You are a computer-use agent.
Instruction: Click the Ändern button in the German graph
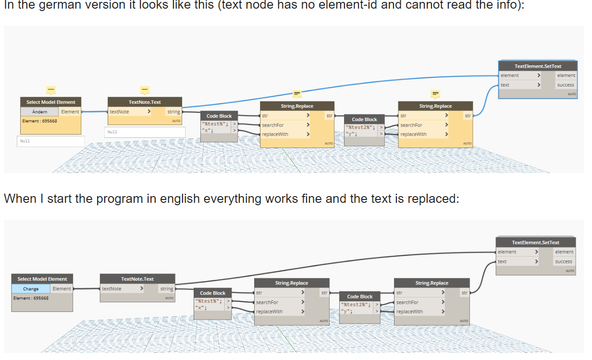click(x=40, y=112)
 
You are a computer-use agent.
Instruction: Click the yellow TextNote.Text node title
click(x=145, y=102)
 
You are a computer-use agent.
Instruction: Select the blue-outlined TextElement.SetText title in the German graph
click(x=538, y=66)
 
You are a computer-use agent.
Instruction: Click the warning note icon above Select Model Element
click(x=51, y=89)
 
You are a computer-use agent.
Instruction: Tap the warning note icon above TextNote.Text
click(x=145, y=89)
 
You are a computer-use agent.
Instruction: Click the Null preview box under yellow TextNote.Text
click(x=145, y=132)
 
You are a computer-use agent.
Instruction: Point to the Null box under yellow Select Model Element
click(x=51, y=141)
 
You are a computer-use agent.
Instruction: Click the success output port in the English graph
click(x=563, y=261)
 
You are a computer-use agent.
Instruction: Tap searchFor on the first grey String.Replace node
click(x=267, y=302)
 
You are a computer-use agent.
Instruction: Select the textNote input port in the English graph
click(x=111, y=289)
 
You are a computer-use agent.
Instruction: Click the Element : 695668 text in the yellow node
click(x=39, y=121)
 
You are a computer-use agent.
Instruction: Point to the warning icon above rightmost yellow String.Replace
click(x=435, y=93)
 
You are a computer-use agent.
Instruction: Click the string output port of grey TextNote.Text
click(x=166, y=289)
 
